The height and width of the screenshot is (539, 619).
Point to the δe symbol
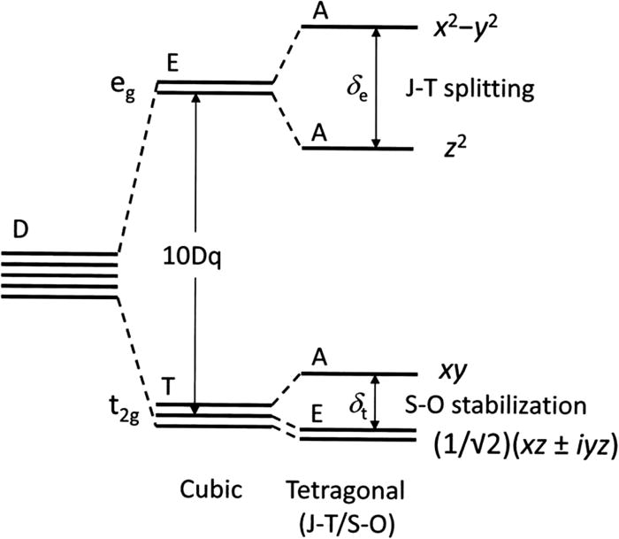[355, 89]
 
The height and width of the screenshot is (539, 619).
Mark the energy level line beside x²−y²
[358, 27]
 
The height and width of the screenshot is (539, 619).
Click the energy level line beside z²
[358, 147]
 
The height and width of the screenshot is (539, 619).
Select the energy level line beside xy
[358, 373]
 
